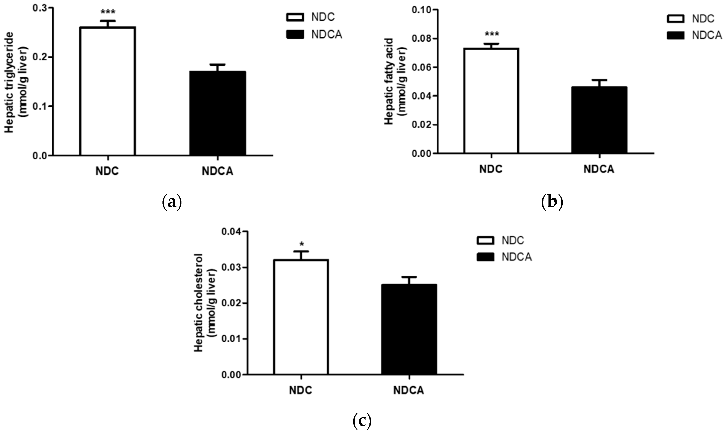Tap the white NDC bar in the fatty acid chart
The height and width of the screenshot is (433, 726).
click(491, 101)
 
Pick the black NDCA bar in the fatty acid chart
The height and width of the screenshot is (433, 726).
click(599, 120)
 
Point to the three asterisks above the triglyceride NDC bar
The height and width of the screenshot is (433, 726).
click(108, 12)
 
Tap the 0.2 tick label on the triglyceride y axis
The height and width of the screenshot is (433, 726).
click(40, 57)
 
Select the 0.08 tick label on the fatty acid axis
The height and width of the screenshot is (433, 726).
click(421, 39)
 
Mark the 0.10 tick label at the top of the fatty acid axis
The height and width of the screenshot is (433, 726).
click(421, 10)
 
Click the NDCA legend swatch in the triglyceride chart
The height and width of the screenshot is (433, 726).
click(295, 34)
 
